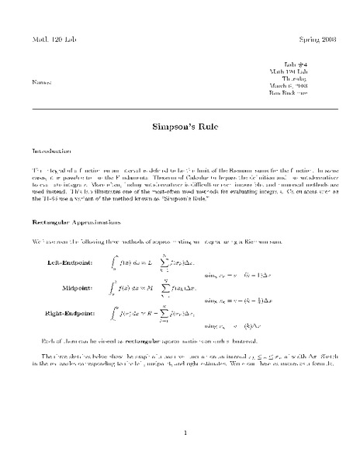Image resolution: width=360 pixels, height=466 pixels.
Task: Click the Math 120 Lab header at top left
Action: (x=54, y=38)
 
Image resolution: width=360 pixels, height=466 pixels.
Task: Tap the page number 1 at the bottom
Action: (x=180, y=433)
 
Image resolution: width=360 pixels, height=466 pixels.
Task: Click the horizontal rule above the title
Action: (x=180, y=108)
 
